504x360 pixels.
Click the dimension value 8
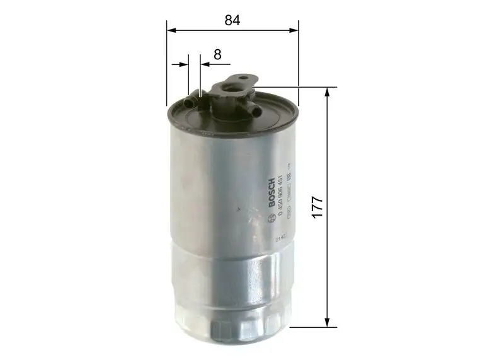(217, 55)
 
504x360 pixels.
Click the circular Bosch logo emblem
(272, 218)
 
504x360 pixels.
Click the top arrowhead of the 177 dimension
(328, 91)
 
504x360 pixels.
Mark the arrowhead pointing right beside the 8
(185, 64)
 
